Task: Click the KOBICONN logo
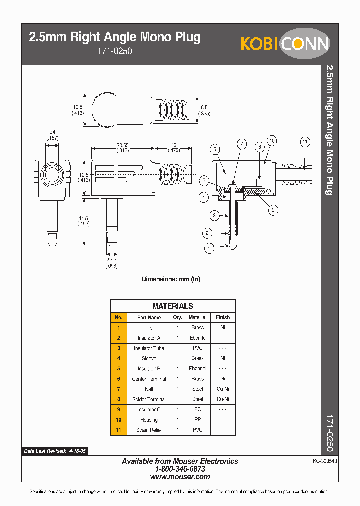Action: point(285,43)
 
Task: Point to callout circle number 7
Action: point(242,144)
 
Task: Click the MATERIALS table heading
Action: point(172,306)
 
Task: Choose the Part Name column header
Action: point(149,317)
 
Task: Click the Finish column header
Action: point(223,317)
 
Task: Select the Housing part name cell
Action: point(149,420)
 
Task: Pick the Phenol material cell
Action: point(198,369)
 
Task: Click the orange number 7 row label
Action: point(118,389)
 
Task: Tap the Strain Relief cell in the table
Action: point(149,430)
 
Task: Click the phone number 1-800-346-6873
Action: point(180,469)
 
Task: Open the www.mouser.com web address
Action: point(180,477)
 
